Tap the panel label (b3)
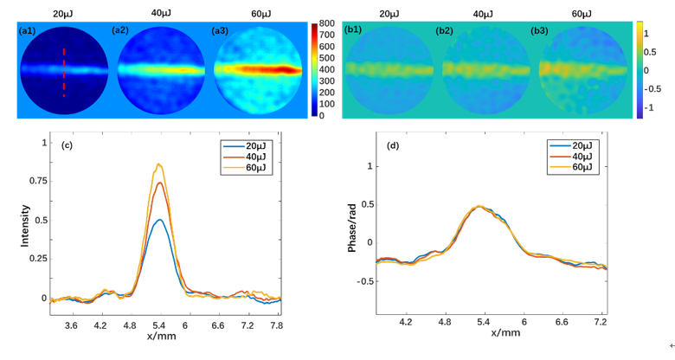tap(539, 30)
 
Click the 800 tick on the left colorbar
tap(327, 23)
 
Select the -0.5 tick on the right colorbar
tap(655, 89)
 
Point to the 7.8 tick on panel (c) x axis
tap(275, 325)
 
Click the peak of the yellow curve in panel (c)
tap(158, 164)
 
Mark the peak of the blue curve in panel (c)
tap(159, 220)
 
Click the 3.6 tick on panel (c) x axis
tap(72, 325)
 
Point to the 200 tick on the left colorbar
tap(327, 92)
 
